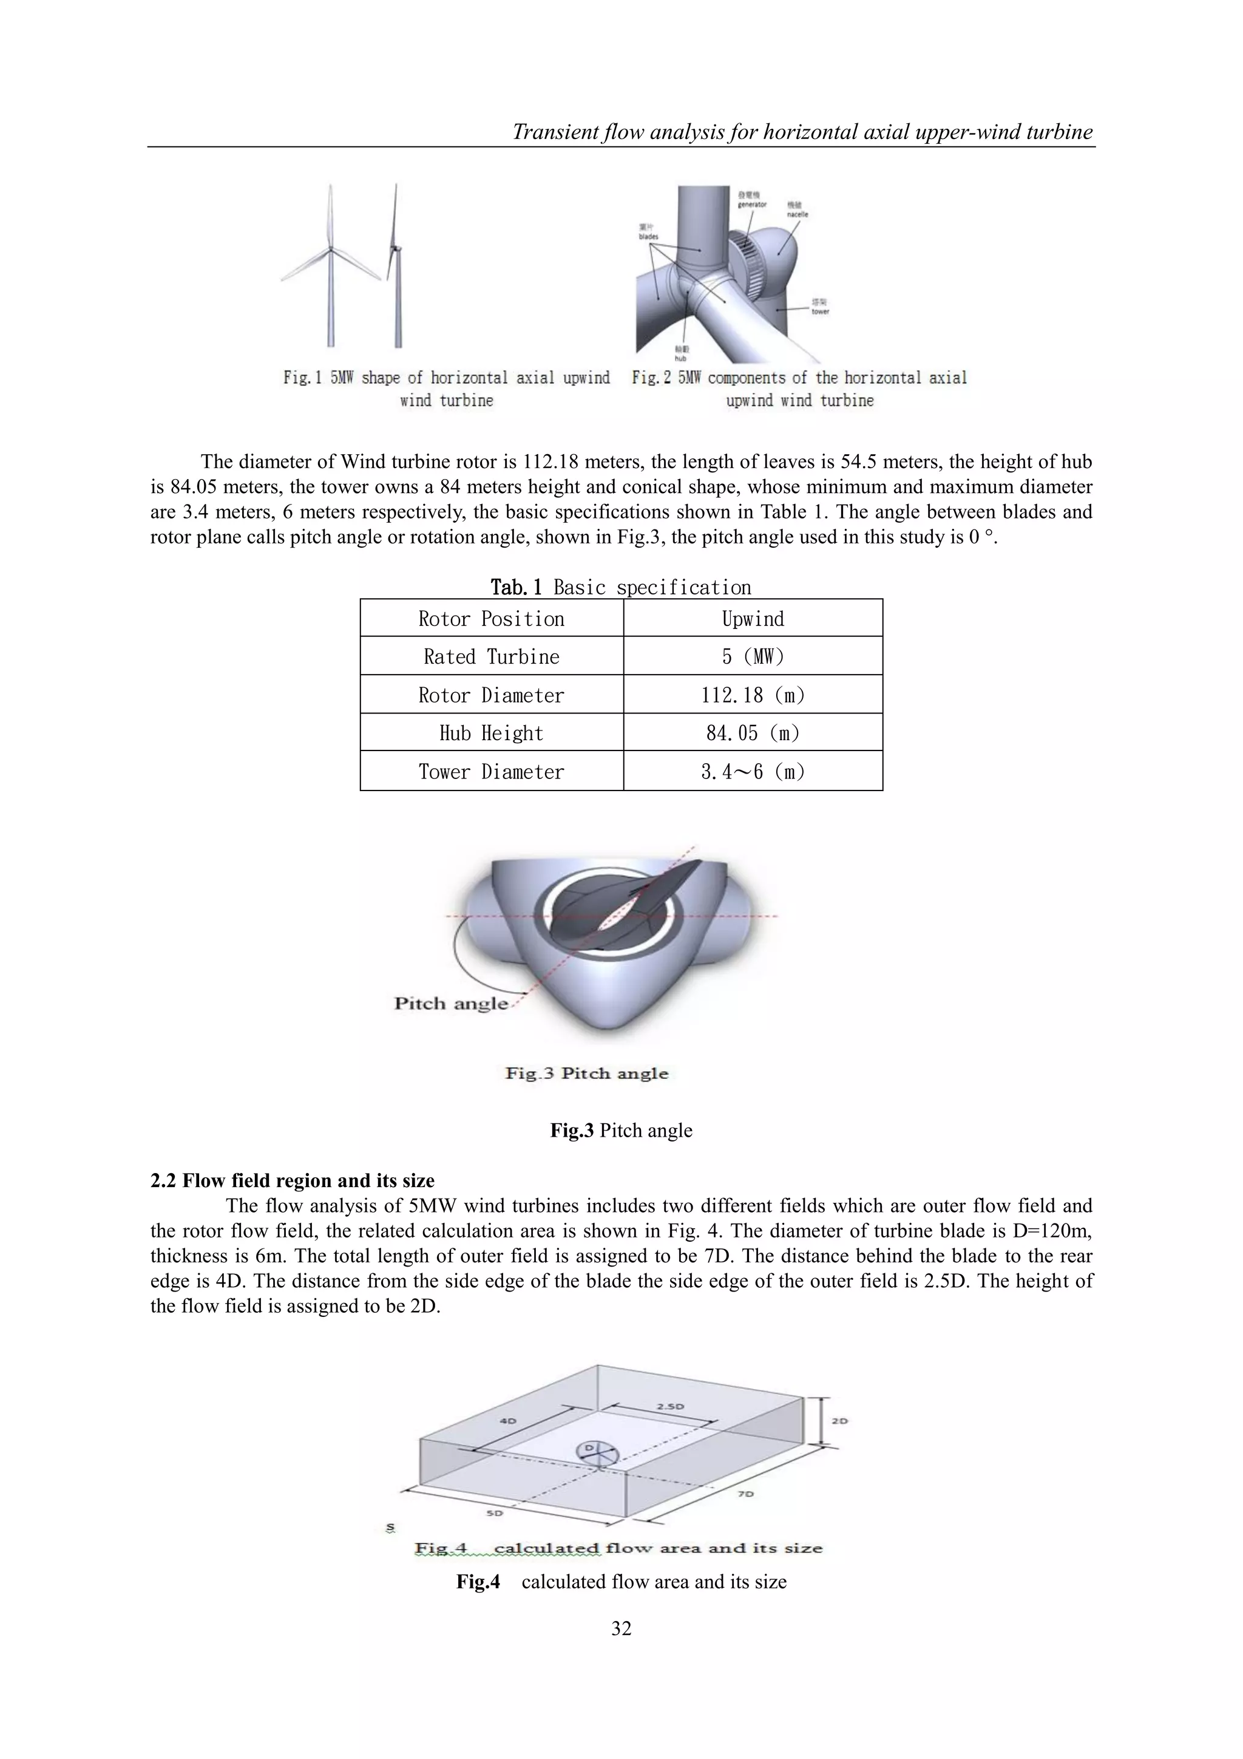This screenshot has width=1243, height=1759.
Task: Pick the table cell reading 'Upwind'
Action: [752, 619]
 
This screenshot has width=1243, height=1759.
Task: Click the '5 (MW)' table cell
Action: [752, 656]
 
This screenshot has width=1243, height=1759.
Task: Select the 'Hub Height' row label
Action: [491, 733]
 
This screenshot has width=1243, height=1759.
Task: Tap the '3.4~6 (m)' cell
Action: [752, 772]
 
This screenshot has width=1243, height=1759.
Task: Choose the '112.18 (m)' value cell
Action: [752, 695]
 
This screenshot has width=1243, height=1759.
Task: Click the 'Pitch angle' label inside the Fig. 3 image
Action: [450, 1004]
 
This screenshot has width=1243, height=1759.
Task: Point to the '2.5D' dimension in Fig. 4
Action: [670, 1407]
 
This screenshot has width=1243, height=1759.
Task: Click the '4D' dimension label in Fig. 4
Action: [508, 1421]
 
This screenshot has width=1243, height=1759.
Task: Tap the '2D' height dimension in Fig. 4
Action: [839, 1421]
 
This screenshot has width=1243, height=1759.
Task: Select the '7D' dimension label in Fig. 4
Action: [746, 1494]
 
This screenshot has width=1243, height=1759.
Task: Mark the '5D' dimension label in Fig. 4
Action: [495, 1513]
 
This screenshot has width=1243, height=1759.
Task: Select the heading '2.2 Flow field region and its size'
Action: [292, 1180]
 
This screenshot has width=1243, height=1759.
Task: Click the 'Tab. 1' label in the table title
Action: [515, 588]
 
